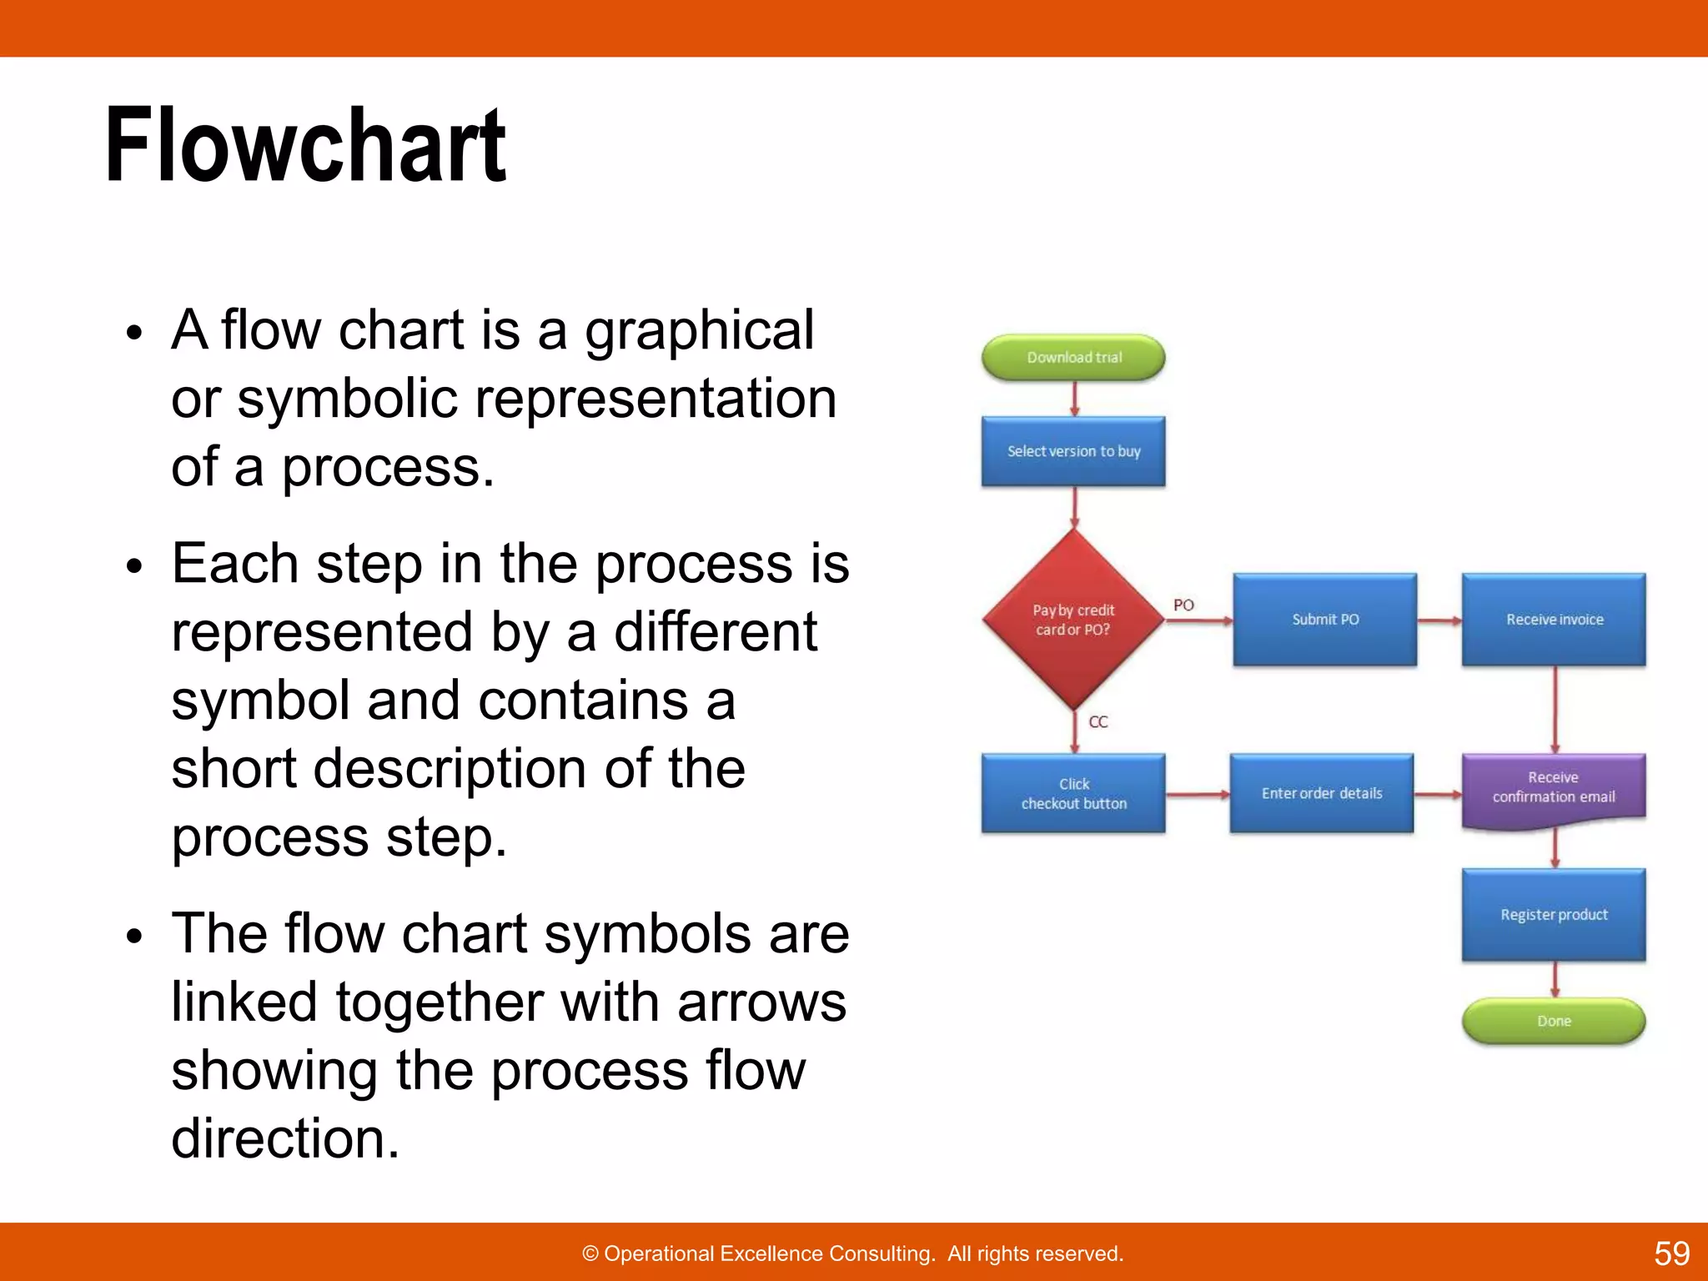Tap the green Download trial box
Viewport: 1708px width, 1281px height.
(x=1073, y=358)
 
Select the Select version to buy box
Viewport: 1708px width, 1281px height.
(x=1073, y=451)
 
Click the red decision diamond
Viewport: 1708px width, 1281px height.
(x=1073, y=620)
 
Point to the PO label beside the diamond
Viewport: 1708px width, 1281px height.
(x=1183, y=605)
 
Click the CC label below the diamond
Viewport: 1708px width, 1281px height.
(x=1098, y=721)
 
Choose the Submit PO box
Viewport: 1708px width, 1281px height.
(x=1324, y=620)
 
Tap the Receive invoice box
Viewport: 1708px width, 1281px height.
(x=1554, y=620)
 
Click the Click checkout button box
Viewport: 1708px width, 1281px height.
(x=1073, y=793)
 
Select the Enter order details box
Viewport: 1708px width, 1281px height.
(x=1321, y=793)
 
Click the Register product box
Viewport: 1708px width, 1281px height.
(x=1554, y=915)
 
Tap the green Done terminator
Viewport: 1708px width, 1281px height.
(x=1554, y=1021)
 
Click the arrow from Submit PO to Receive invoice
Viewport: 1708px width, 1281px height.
(x=1439, y=620)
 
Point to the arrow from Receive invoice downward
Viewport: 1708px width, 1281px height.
(x=1555, y=709)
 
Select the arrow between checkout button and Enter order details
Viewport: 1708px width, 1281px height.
(x=1198, y=795)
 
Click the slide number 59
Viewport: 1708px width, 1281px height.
(x=1671, y=1253)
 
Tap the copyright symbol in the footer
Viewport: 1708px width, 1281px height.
(x=590, y=1253)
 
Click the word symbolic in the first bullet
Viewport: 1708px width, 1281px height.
(x=348, y=399)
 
